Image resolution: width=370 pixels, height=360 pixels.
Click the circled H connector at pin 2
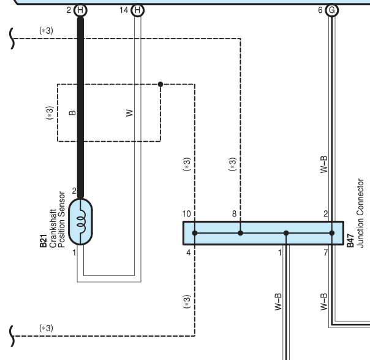click(x=80, y=10)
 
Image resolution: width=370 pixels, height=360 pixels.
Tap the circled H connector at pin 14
click(x=137, y=10)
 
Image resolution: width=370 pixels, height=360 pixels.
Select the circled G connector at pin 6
click(x=332, y=10)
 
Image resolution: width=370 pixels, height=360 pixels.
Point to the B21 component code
click(x=43, y=241)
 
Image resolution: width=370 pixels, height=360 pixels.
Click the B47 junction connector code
click(x=350, y=240)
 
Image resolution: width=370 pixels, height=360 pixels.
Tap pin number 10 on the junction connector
click(x=186, y=214)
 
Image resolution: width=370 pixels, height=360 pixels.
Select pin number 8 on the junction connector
click(x=234, y=214)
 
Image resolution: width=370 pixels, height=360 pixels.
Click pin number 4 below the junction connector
click(x=188, y=253)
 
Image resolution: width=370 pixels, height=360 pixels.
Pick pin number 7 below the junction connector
click(x=326, y=253)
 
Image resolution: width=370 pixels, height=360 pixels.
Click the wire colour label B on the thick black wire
click(x=72, y=113)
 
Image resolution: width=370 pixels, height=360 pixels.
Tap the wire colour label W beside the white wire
click(x=129, y=113)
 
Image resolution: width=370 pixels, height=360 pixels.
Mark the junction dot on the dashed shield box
click(x=160, y=84)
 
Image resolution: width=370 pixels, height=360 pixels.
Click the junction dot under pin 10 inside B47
click(x=195, y=233)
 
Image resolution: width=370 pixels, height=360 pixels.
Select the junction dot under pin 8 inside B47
click(x=240, y=233)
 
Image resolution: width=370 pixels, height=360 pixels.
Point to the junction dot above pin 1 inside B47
click(x=286, y=233)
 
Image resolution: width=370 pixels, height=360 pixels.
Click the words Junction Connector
click(x=360, y=213)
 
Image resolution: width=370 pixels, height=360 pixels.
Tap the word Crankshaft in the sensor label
click(x=53, y=228)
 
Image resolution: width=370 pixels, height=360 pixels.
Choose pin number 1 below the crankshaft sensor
click(x=74, y=253)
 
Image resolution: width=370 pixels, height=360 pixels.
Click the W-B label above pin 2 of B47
click(x=324, y=164)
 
